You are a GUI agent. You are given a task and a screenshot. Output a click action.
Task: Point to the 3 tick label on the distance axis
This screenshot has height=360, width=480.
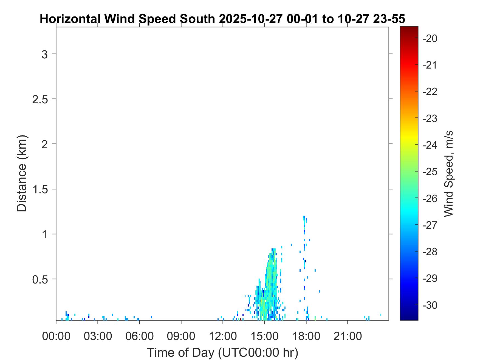[x=45, y=54]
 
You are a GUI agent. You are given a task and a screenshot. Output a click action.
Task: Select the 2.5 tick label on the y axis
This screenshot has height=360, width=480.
[x=40, y=99]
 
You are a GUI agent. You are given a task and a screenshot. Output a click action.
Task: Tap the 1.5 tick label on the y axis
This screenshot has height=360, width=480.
[x=40, y=189]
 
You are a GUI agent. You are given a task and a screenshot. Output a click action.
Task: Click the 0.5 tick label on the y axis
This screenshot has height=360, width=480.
[x=40, y=279]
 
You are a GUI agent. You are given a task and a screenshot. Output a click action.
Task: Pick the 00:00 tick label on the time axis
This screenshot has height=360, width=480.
[x=56, y=336]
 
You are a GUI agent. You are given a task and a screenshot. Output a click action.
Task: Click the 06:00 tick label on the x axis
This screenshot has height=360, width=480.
[x=140, y=336]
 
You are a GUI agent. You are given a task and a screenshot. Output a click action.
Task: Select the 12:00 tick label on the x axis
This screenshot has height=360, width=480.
[x=223, y=336]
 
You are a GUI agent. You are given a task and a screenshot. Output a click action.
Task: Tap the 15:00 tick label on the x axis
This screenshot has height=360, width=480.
[x=264, y=336]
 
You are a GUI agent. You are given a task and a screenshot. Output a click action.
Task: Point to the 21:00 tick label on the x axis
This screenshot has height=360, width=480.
[x=348, y=336]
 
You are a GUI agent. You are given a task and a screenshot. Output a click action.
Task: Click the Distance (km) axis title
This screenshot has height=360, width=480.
[x=22, y=173]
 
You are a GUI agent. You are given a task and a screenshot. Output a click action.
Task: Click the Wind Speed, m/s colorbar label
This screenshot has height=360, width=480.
[x=448, y=174]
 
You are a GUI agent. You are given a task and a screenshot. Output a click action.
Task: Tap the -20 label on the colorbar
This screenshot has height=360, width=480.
[x=430, y=38]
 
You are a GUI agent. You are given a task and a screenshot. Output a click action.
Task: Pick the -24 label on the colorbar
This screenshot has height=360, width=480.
[x=430, y=145]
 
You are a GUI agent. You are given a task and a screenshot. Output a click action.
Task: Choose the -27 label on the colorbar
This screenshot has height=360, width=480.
[x=430, y=225]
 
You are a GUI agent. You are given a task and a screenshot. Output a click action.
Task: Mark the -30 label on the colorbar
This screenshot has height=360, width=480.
[x=430, y=305]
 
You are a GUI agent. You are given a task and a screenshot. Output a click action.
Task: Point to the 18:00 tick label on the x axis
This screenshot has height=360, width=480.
[x=306, y=336]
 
